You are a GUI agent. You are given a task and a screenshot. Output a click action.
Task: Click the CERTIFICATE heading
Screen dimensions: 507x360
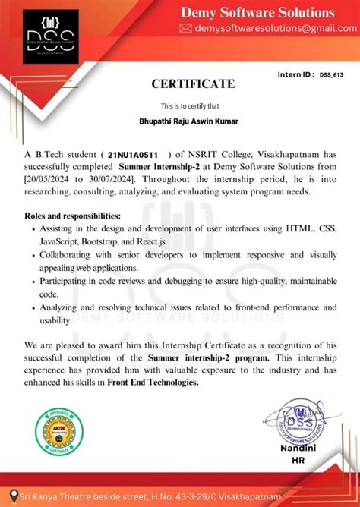point(192,83)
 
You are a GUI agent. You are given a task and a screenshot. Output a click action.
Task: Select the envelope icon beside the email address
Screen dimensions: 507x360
point(185,28)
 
